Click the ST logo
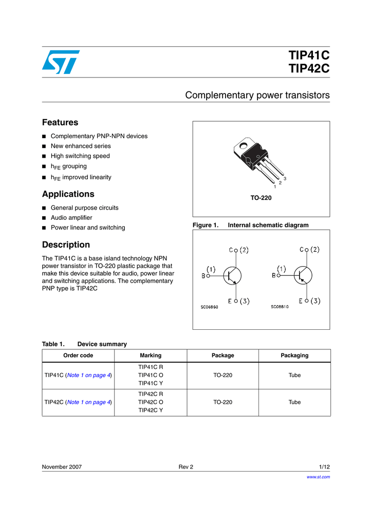click(x=61, y=62)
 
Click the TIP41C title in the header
click(x=309, y=55)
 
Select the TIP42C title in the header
click(x=309, y=68)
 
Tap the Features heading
click(x=60, y=122)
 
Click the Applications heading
click(x=68, y=194)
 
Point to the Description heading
click(x=66, y=245)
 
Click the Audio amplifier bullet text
click(x=71, y=218)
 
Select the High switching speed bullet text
click(x=80, y=156)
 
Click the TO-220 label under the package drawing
click(x=261, y=198)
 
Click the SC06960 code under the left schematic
click(x=209, y=307)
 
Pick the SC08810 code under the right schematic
click(x=280, y=307)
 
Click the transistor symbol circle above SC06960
click(x=233, y=275)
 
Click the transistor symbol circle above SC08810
click(x=304, y=275)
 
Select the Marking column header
click(x=151, y=355)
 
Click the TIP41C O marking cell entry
click(x=151, y=375)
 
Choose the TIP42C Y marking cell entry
click(x=151, y=410)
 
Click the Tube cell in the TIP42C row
click(x=294, y=402)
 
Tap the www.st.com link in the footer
click(x=318, y=477)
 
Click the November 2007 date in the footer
click(x=62, y=467)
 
